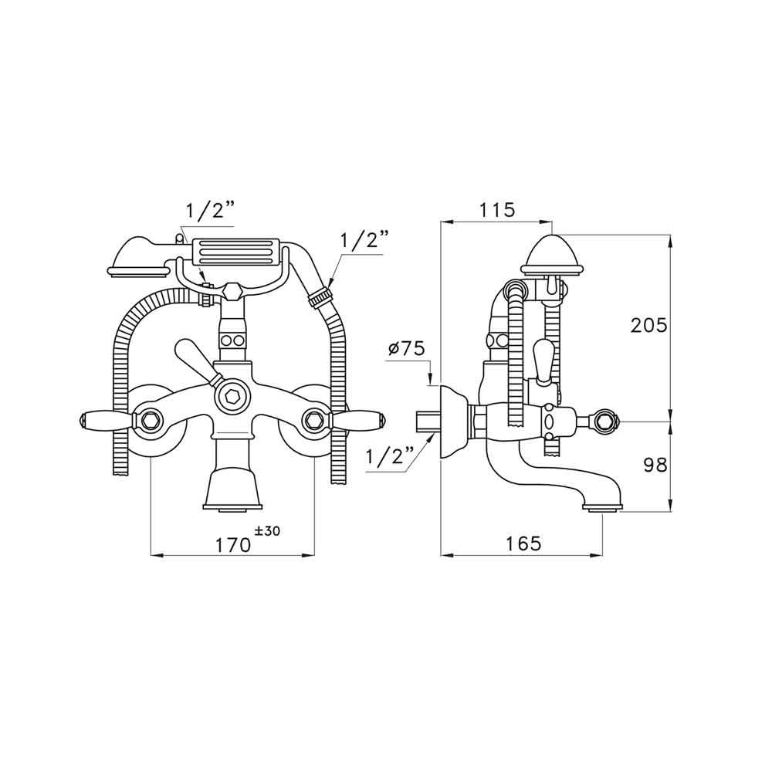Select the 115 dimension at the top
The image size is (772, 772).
pyautogui.click(x=496, y=209)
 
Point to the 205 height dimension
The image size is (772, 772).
pyautogui.click(x=648, y=325)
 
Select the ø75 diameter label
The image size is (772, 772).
pyautogui.click(x=408, y=348)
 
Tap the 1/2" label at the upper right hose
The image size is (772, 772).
pyautogui.click(x=363, y=240)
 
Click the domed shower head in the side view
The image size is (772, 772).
pyautogui.click(x=554, y=252)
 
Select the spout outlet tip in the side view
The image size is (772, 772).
pyautogui.click(x=602, y=507)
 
